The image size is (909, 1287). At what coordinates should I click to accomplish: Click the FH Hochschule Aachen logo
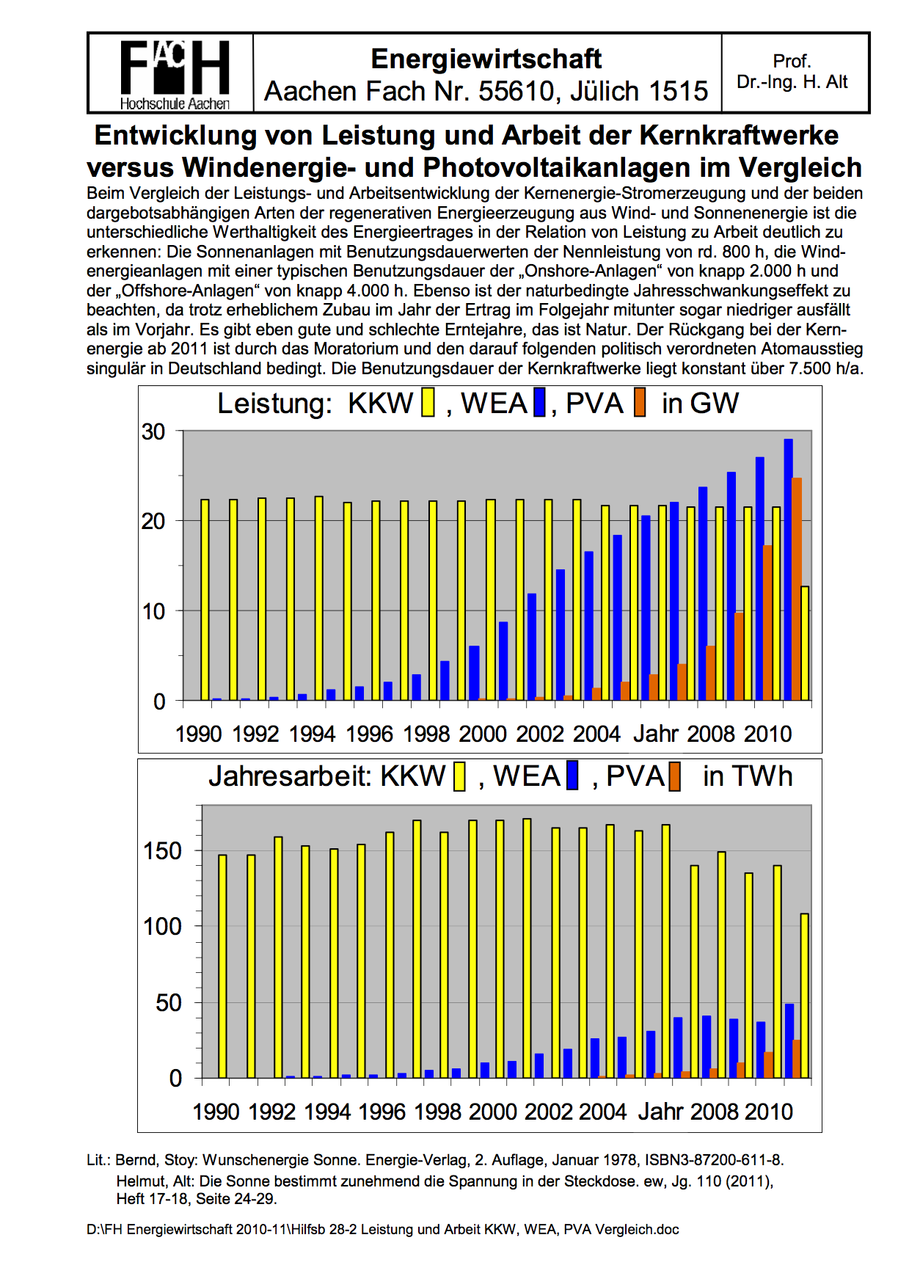(x=175, y=73)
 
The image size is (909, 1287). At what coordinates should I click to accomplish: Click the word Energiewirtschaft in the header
(x=486, y=59)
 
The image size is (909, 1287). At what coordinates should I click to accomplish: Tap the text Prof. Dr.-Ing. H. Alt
(x=792, y=72)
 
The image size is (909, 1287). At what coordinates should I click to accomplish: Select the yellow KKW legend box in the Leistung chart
(x=428, y=403)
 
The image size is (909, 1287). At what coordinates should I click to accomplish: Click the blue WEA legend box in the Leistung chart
(x=540, y=403)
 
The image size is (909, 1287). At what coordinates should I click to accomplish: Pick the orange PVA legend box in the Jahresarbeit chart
(x=674, y=776)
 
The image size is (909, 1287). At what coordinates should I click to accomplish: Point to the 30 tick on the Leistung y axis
(x=154, y=431)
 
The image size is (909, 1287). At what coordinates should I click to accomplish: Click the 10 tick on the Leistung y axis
(x=154, y=611)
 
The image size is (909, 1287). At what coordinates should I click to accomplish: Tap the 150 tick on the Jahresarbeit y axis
(x=163, y=851)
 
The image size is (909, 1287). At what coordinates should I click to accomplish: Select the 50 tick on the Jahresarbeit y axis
(x=169, y=1003)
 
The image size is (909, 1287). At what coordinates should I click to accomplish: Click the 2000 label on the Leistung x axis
(x=483, y=734)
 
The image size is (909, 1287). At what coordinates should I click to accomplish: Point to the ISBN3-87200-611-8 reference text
(x=714, y=1160)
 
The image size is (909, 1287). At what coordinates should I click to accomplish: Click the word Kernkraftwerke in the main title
(x=739, y=136)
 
